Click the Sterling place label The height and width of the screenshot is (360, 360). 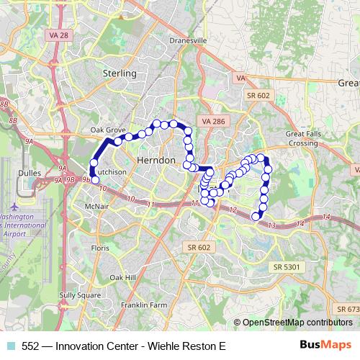(120, 73)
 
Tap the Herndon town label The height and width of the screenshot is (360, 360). (156, 161)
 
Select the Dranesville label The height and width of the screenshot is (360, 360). (188, 41)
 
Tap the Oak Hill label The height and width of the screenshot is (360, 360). (122, 276)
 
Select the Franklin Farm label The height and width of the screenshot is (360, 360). (144, 305)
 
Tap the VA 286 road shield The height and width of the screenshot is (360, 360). (214, 122)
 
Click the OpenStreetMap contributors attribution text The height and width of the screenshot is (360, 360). (297, 322)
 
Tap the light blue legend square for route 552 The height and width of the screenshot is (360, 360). (10, 346)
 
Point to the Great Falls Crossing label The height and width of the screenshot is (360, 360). (302, 138)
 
